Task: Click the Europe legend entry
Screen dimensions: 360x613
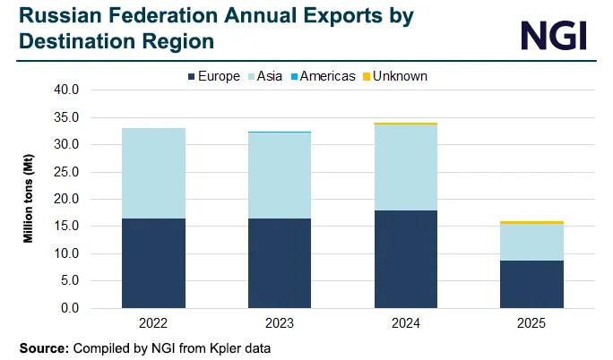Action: (x=212, y=76)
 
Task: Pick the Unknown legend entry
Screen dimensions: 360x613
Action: (x=395, y=76)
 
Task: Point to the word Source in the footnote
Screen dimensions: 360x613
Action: (x=42, y=346)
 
